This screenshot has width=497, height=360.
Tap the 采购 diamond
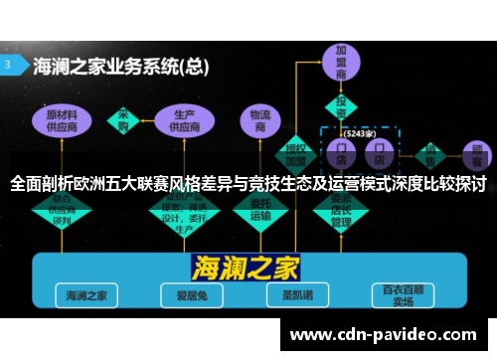pyautogui.click(x=125, y=120)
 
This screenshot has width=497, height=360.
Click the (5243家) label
pyautogui.click(x=358, y=131)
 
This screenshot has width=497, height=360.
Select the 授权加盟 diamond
pyautogui.click(x=295, y=150)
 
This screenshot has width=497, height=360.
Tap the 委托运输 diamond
pyautogui.click(x=260, y=208)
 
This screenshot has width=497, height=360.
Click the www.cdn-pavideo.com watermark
pyautogui.click(x=383, y=335)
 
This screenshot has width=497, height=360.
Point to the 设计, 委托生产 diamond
pyautogui.click(x=183, y=209)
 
